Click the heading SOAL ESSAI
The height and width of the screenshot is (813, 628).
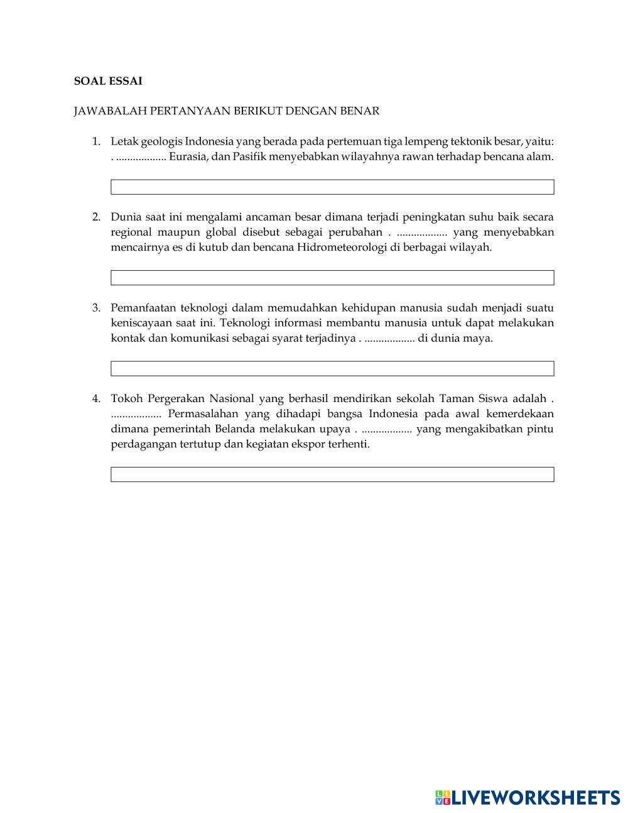[108, 81]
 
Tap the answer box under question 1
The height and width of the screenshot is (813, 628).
[332, 187]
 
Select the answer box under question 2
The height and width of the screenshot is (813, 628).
[332, 278]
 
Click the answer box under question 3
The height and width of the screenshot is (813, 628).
[332, 369]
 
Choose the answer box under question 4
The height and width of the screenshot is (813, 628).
[332, 474]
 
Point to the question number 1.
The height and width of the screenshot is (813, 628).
[96, 141]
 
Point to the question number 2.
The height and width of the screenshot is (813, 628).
[96, 217]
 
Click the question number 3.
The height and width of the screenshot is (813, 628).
[96, 308]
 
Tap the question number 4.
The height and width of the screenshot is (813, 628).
[96, 398]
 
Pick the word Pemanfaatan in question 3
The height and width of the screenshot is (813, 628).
[143, 308]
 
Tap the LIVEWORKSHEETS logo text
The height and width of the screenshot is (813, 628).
[536, 798]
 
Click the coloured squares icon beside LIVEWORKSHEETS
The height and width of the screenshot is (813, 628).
[443, 798]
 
